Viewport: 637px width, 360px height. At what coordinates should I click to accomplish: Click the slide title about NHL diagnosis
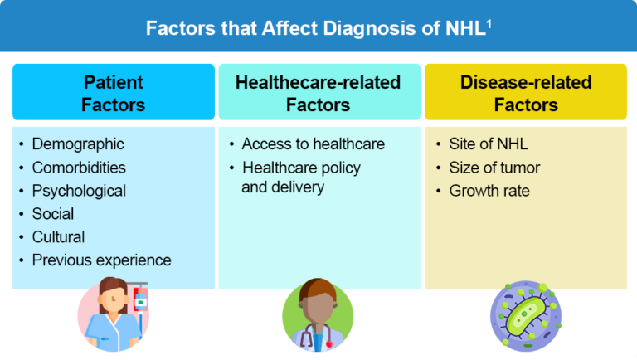(x=318, y=28)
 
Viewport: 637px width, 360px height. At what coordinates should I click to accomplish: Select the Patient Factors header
(x=114, y=93)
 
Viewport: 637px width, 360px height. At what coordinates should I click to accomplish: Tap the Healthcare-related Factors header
(x=318, y=93)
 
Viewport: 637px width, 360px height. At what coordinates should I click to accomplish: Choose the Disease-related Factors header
(x=526, y=93)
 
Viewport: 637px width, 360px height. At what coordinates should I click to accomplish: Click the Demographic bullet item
(x=78, y=144)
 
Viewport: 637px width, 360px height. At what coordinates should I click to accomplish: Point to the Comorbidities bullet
(x=79, y=168)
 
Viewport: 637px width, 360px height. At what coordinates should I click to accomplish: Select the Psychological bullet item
(x=79, y=191)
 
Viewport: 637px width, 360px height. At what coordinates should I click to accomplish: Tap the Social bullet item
(x=53, y=214)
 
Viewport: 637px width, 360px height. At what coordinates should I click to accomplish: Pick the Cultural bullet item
(x=58, y=237)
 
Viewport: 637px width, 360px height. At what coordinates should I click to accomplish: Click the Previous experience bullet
(x=101, y=260)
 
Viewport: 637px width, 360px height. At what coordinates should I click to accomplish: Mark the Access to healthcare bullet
(x=313, y=144)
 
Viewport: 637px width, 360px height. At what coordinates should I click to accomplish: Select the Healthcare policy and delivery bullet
(x=300, y=178)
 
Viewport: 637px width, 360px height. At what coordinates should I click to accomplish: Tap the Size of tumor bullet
(x=494, y=168)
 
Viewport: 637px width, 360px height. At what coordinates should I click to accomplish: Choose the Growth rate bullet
(x=489, y=191)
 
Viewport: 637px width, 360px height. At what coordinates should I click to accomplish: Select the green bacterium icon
(x=525, y=318)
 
